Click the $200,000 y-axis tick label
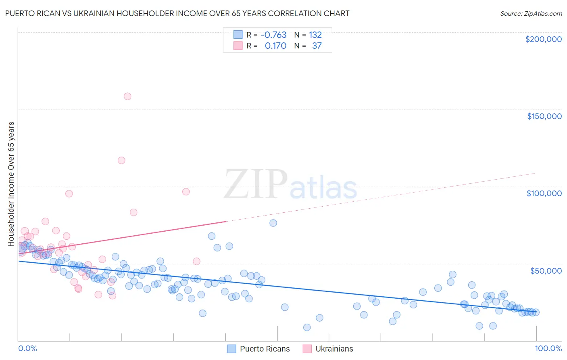coord(543,39)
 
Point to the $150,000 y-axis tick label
coord(544,116)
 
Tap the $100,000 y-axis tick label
coord(544,193)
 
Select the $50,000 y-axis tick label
coord(546,271)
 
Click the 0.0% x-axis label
coord(27,348)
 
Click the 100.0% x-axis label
coord(548,348)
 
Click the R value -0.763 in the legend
coord(273,35)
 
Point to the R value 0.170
coord(275,46)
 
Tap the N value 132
coord(315,35)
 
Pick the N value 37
coord(317,46)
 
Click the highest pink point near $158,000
coord(127,96)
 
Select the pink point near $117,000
coord(121,160)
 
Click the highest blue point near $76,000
coord(273,223)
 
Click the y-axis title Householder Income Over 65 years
coord(11,184)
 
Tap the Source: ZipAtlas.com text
coord(531,13)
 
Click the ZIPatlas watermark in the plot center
coord(290,185)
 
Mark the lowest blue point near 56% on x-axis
coord(307,327)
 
